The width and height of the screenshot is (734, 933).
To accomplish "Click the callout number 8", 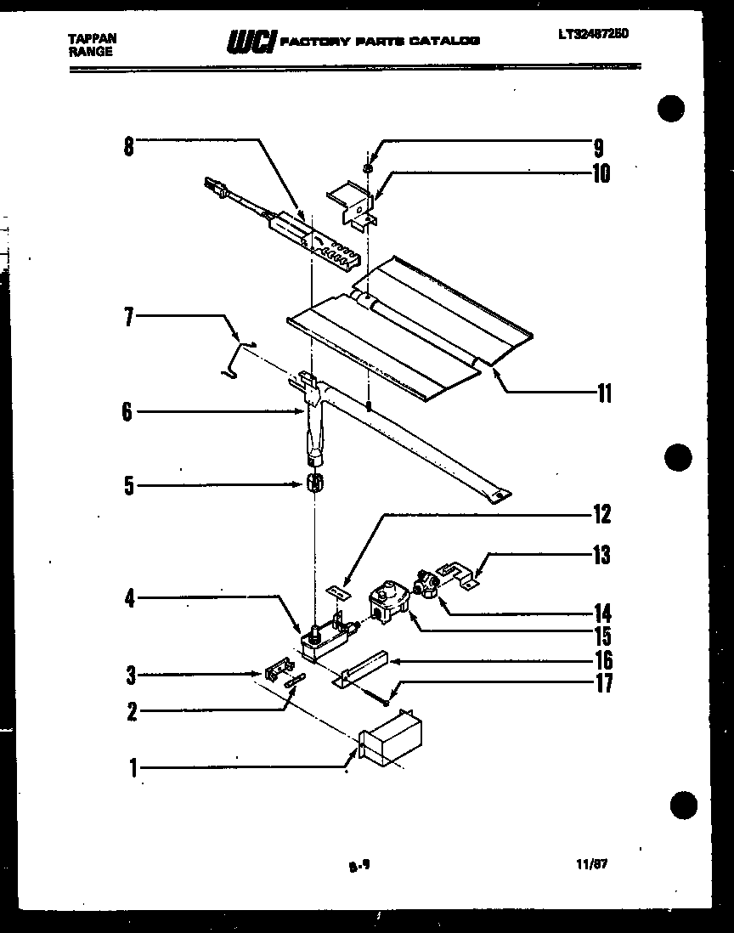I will point(128,145).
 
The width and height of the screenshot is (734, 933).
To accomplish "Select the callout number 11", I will point(603,393).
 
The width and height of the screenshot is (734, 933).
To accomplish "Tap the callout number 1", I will point(133,769).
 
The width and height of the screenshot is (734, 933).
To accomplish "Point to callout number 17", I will point(603,683).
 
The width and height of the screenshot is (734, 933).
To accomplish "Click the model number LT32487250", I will point(595,34).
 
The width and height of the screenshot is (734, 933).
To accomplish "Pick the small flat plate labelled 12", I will point(338,587).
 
